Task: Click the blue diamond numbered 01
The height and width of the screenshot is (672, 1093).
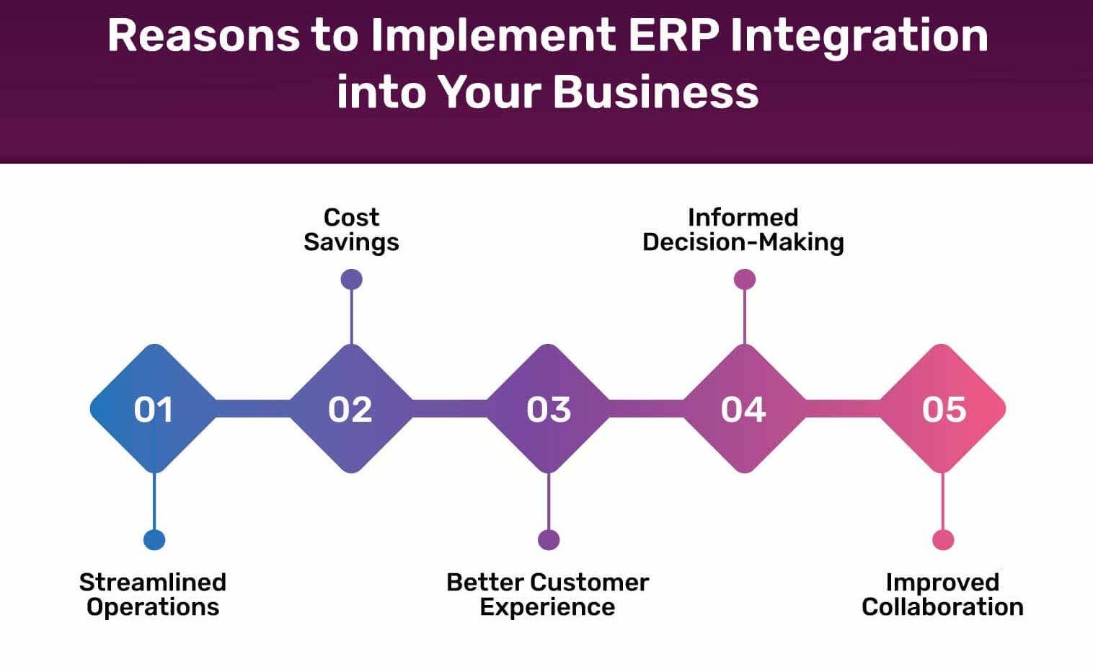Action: click(154, 409)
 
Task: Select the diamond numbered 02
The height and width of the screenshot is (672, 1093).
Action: click(351, 409)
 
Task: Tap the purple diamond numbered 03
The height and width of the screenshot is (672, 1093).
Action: click(549, 409)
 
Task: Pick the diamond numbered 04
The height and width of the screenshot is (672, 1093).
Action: click(745, 409)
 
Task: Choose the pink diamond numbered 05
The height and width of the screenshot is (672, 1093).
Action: click(942, 409)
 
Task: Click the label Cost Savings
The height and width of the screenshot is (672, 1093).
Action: click(351, 230)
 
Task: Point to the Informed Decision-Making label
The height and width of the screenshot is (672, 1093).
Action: click(743, 230)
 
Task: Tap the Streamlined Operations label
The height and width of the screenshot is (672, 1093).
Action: click(153, 595)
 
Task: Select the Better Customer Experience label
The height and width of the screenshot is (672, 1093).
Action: click(547, 595)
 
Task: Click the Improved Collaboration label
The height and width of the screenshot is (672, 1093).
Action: click(943, 595)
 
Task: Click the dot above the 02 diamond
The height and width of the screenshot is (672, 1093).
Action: click(351, 280)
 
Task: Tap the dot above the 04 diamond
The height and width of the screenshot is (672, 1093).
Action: click(745, 280)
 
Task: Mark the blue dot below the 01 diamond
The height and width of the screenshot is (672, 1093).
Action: click(154, 540)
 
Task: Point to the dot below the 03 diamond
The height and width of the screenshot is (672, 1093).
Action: click(549, 540)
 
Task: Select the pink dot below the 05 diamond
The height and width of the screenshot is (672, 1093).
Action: click(943, 540)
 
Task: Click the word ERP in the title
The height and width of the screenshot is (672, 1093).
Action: click(673, 35)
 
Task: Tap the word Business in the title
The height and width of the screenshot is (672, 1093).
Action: click(656, 92)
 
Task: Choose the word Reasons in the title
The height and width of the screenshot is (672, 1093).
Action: click(203, 35)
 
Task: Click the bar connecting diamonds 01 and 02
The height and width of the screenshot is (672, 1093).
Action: click(253, 409)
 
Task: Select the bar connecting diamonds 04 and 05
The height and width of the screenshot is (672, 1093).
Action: click(843, 409)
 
